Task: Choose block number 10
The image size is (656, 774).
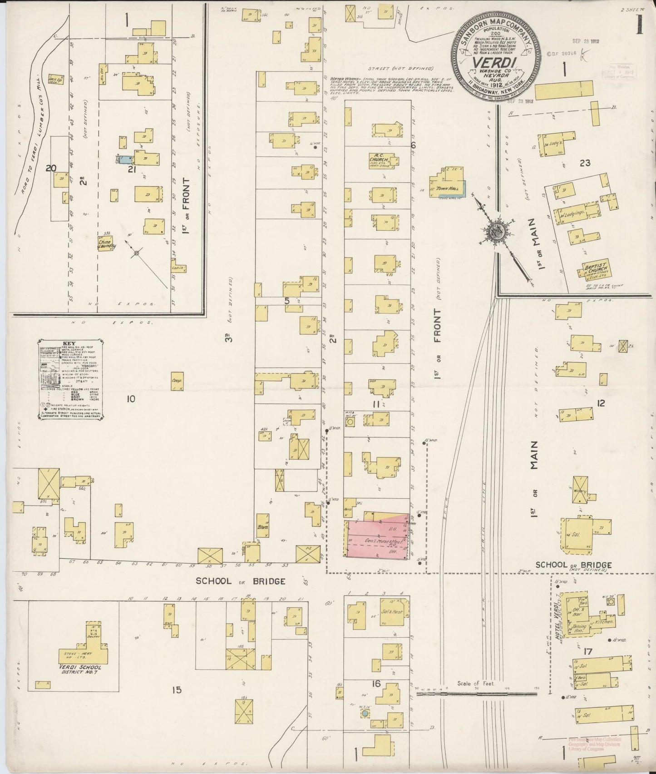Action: tap(131, 399)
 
